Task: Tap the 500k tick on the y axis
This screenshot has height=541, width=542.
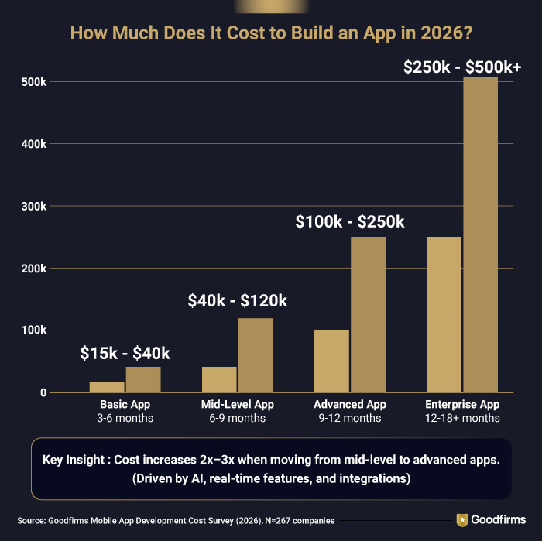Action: point(32,82)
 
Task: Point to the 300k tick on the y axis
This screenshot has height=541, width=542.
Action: point(32,207)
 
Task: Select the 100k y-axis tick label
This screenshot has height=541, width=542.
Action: point(32,330)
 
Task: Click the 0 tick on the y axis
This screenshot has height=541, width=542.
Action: point(43,392)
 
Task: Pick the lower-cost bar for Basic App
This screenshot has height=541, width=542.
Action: point(107,387)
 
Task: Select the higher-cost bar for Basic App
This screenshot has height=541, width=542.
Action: point(142,380)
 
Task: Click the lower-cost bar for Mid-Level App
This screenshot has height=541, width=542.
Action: point(219,380)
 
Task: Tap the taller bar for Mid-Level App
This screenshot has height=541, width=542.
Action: point(256,355)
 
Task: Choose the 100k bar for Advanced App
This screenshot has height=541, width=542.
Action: point(331,361)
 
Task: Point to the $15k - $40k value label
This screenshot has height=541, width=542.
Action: point(125,353)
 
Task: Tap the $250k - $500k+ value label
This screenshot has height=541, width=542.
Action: point(462,67)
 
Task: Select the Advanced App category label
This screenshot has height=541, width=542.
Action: point(349,405)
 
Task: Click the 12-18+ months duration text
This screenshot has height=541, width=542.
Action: point(462,419)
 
